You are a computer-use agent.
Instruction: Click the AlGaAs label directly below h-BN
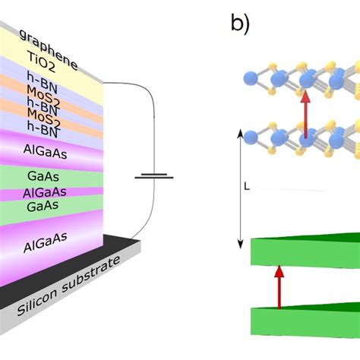click(43, 153)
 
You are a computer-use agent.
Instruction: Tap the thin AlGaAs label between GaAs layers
click(43, 192)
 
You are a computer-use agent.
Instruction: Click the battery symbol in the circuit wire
click(151, 178)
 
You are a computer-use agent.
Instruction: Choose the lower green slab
click(304, 318)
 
